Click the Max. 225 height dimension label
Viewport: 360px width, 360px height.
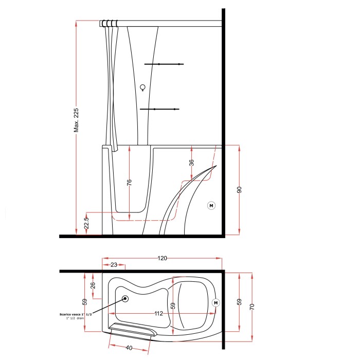coord(76,120)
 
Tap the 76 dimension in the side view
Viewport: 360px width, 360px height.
coord(129,183)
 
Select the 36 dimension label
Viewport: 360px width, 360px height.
coord(191,163)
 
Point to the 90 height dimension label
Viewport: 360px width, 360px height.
coord(239,190)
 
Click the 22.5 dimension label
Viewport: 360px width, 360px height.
coord(86,223)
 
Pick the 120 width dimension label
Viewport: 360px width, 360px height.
coord(162,258)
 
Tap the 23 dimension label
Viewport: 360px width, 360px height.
coord(114,265)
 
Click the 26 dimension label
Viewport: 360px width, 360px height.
coord(93,285)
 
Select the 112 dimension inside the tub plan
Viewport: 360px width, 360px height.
coord(158,313)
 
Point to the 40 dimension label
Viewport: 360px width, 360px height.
coord(129,348)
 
